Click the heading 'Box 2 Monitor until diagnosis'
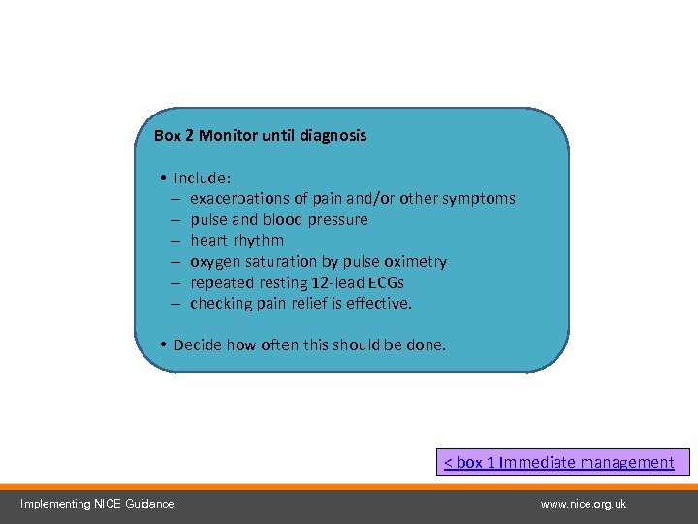click(x=260, y=136)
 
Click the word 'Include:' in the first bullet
click(x=202, y=178)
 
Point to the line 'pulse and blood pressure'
click(x=279, y=220)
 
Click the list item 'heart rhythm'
click(x=238, y=241)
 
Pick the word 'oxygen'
click(x=213, y=262)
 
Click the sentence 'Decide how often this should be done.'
click(x=309, y=344)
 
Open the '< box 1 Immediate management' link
click(x=558, y=463)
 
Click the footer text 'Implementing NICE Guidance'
click(x=98, y=504)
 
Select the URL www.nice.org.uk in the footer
click(x=584, y=504)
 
